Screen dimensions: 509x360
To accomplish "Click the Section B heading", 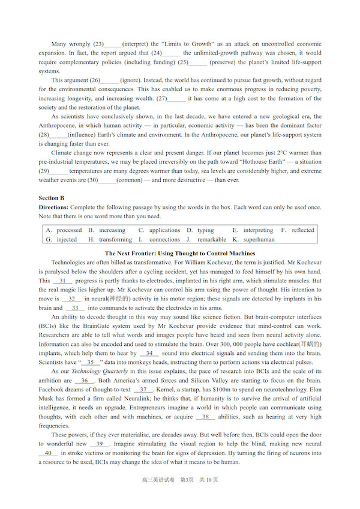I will coord(52,198).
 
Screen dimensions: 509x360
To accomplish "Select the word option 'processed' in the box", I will coord(69,230).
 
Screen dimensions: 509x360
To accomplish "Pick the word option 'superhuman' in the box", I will coord(259,239).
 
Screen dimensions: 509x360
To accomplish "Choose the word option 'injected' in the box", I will coord(67,239).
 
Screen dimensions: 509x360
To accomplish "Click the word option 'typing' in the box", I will coord(205,230).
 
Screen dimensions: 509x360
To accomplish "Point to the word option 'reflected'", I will coord(302,230).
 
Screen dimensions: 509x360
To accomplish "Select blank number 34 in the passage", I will coord(149,354).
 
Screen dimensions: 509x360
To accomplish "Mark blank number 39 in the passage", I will coord(100,444).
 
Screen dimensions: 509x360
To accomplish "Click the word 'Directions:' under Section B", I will coord(54,207).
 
